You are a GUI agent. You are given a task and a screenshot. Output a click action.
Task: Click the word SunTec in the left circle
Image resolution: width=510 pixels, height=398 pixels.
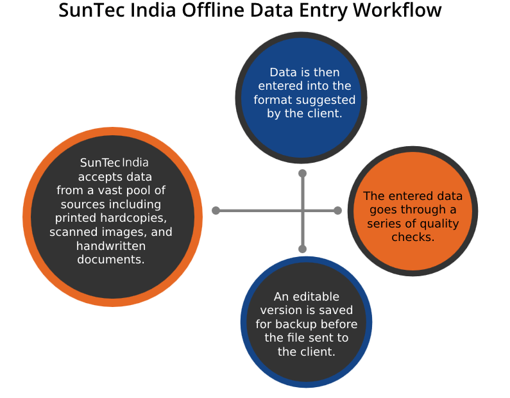tap(99, 163)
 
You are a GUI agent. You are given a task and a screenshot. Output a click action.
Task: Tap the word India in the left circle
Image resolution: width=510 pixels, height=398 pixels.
tap(135, 163)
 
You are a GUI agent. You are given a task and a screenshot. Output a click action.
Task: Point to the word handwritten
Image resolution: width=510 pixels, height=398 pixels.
tap(111, 246)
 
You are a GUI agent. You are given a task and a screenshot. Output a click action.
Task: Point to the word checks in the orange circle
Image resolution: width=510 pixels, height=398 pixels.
tap(414, 238)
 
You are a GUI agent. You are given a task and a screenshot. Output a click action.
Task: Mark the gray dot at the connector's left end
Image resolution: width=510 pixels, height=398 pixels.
tap(216, 210)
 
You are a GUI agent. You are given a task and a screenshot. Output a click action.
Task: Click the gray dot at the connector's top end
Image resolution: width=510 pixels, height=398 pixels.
tap(303, 174)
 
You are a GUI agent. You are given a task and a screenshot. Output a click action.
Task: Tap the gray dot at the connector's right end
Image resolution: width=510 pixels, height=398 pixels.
tap(337, 210)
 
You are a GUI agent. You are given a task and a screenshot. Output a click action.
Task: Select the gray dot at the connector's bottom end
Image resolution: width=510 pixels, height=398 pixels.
tap(303, 249)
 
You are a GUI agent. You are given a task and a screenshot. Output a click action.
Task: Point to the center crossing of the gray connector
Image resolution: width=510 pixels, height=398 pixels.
tap(303, 210)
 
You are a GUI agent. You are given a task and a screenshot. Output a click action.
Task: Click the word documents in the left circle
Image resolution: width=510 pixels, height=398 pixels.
tap(111, 260)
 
